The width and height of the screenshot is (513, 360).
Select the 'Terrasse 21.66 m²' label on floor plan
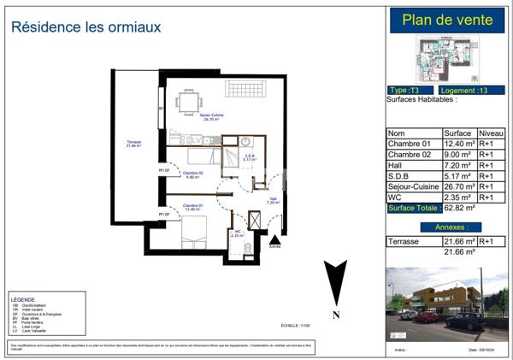click(133, 144)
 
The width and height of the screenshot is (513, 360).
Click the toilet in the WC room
click(248, 248)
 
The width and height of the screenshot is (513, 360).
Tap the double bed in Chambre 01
click(193, 230)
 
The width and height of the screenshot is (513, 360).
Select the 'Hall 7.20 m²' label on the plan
click(273, 201)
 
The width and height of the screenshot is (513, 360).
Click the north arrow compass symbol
click(336, 286)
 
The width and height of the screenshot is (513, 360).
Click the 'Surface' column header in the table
click(457, 133)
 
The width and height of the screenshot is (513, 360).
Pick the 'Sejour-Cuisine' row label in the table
click(413, 186)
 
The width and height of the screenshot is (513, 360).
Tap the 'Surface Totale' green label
click(414, 208)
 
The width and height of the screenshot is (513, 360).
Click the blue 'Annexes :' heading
click(450, 227)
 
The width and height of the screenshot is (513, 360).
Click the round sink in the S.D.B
click(245, 142)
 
